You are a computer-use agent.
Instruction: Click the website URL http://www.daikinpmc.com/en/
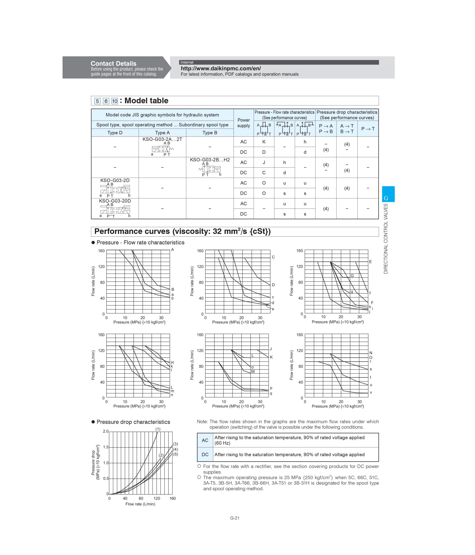coord(221,69)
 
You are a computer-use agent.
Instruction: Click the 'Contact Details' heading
coord(113,64)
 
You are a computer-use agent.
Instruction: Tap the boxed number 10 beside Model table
coord(115,101)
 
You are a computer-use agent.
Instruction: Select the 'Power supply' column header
coord(243,123)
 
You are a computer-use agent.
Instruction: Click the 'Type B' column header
coord(210,133)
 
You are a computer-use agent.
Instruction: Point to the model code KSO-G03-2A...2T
coord(162,139)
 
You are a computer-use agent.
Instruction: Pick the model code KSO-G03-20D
coord(115,201)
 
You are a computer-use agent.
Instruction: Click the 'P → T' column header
coord(368,129)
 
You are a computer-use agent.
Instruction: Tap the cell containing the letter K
coord(264,142)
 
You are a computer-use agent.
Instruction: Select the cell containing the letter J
coord(264,162)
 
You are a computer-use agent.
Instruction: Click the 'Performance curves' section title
coord(183,231)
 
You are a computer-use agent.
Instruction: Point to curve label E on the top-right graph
coord(370,262)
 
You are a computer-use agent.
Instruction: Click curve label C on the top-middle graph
coord(273,257)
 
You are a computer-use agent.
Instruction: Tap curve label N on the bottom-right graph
coord(371,353)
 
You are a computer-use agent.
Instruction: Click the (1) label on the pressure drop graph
coord(158,429)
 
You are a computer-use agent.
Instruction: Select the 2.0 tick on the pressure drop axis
coord(106,431)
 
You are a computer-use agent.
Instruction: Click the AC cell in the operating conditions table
coord(205,440)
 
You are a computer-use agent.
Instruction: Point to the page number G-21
coord(234,518)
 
